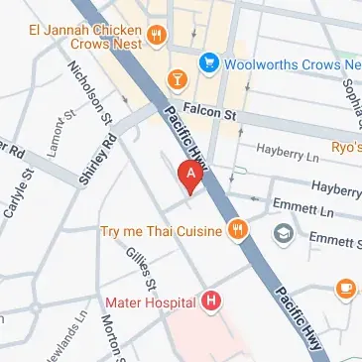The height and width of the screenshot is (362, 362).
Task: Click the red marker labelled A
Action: click(189, 176)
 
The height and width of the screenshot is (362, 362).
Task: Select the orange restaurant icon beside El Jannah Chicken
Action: click(156, 37)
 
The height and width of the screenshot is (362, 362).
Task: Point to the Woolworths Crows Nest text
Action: click(290, 65)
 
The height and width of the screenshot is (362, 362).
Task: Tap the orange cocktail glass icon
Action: click(177, 77)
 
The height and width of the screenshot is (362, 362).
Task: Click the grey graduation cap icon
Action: click(284, 234)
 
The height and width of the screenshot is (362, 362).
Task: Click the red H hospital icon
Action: click(211, 300)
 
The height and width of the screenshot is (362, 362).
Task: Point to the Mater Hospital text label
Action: click(150, 300)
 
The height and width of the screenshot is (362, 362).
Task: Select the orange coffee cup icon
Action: click(345, 288)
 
